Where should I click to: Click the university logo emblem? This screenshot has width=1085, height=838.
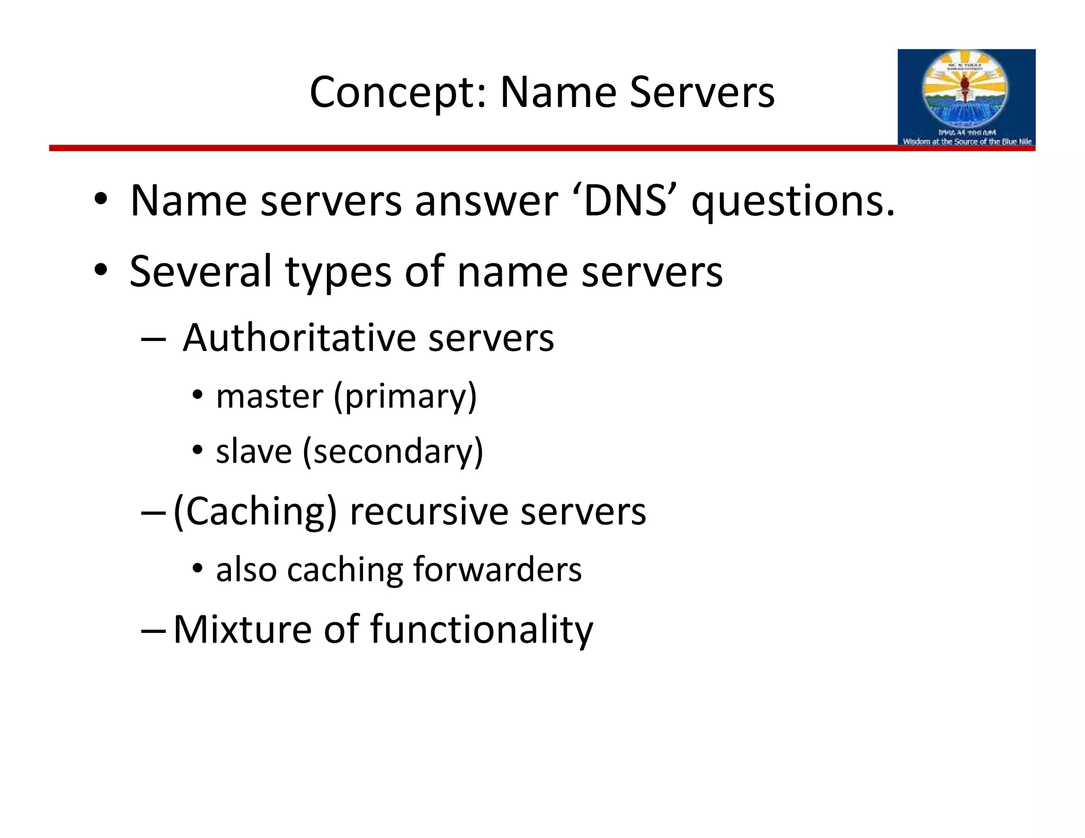[x=966, y=90]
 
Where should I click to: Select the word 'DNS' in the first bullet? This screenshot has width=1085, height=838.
[x=625, y=201]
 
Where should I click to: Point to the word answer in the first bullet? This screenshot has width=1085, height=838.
[x=486, y=201]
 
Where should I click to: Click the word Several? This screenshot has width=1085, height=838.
[x=201, y=271]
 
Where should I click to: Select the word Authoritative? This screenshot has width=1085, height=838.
[x=299, y=338]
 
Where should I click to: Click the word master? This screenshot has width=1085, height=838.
[x=270, y=396]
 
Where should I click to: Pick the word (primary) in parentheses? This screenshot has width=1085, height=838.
[x=405, y=397]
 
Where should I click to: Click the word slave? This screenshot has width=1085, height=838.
[x=254, y=452]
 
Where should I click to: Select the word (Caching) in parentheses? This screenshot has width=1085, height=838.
[x=255, y=512]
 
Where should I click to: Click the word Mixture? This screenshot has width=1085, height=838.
[x=242, y=629]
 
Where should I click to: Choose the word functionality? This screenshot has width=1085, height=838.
[x=481, y=630]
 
